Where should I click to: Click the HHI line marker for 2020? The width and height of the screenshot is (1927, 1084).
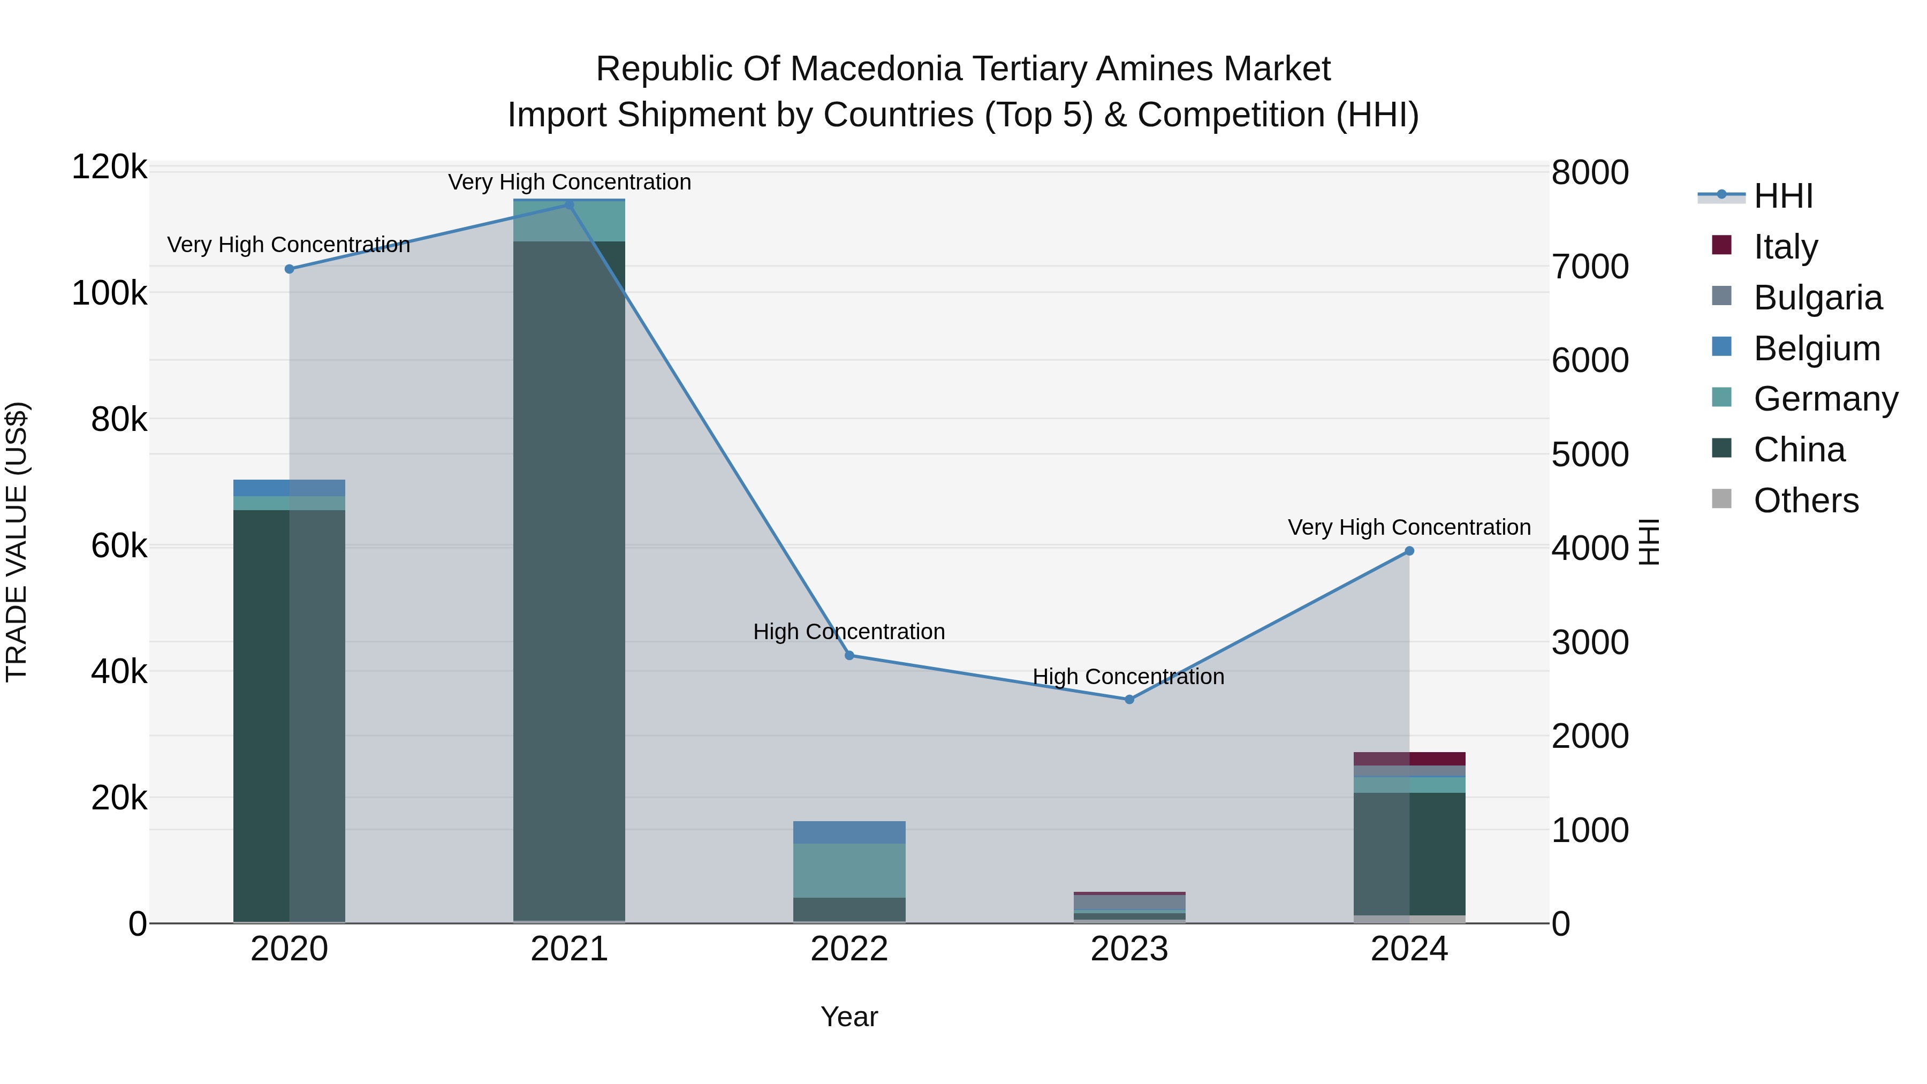[290, 269]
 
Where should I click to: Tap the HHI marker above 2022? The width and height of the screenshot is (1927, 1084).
[849, 655]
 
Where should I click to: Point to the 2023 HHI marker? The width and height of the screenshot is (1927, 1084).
[1129, 700]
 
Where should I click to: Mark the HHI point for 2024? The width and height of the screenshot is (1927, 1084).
[1409, 551]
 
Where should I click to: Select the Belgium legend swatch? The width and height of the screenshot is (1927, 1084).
[1722, 347]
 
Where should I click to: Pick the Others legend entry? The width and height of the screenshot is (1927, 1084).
[1806, 501]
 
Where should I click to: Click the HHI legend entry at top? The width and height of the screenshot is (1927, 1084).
[1784, 196]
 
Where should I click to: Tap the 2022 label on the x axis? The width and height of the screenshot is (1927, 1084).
[849, 949]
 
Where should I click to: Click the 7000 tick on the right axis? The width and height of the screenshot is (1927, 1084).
[1590, 267]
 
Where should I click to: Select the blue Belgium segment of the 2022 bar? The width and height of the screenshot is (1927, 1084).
[849, 832]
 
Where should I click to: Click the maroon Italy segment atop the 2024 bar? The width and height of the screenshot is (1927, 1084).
[1409, 759]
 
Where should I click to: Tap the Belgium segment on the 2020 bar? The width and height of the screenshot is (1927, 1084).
[290, 488]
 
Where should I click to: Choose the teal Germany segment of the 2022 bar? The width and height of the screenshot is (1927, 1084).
[849, 870]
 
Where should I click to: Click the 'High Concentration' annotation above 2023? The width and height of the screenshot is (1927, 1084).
[1128, 676]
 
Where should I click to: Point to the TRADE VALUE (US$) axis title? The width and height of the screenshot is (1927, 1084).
[17, 542]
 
